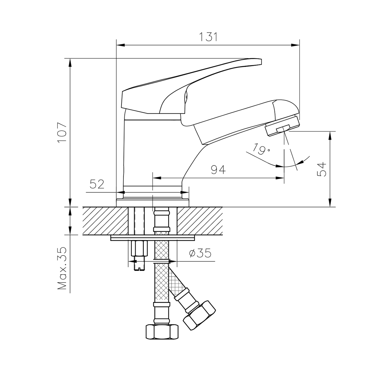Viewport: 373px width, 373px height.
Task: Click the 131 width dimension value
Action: [x=207, y=37]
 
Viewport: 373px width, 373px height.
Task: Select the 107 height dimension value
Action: [x=62, y=132]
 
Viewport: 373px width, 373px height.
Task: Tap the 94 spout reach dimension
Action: [x=218, y=170]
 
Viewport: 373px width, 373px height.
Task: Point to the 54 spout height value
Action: [x=322, y=169]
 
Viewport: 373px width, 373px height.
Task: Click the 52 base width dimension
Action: [x=97, y=185]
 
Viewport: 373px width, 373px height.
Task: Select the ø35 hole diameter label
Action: [x=200, y=254]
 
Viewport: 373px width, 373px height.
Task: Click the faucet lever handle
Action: [x=186, y=81]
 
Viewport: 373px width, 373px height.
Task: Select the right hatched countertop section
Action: [x=200, y=221]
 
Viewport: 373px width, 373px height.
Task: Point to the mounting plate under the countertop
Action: [x=152, y=238]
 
